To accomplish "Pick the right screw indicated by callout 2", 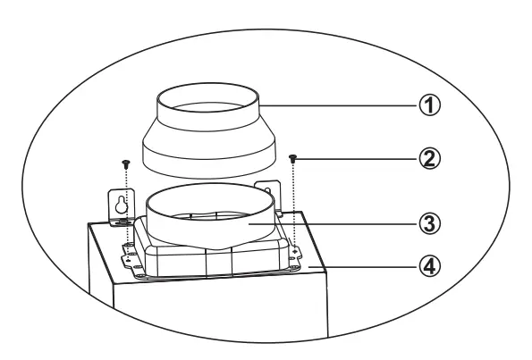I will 294,158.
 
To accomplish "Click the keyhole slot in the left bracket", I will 122,206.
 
